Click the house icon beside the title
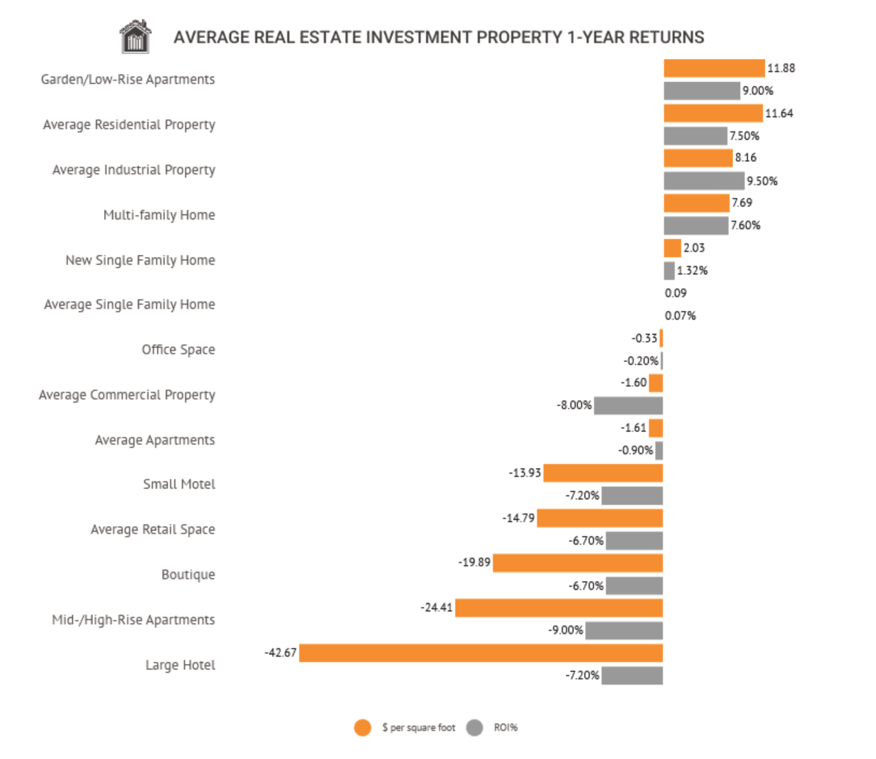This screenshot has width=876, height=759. click(x=135, y=37)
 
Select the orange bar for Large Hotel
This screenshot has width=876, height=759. click(x=481, y=653)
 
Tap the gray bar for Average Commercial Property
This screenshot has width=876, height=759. click(x=628, y=405)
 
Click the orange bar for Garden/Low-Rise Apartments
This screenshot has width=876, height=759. click(x=713, y=68)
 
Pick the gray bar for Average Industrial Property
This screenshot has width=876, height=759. click(x=703, y=181)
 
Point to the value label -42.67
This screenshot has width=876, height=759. click(x=280, y=652)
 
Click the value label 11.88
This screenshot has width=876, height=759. click(x=781, y=68)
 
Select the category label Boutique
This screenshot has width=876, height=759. click(x=188, y=574)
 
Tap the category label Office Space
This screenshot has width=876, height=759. click(x=178, y=349)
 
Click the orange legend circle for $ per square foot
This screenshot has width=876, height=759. click(x=363, y=728)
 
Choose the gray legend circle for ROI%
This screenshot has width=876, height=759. click(x=475, y=728)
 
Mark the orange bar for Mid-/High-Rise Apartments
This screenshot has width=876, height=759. click(x=559, y=608)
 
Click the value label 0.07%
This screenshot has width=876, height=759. click(x=680, y=315)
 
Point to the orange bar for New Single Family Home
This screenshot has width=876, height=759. click(x=672, y=248)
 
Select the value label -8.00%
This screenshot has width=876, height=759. click(x=574, y=405)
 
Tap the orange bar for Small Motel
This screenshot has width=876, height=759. click(x=603, y=473)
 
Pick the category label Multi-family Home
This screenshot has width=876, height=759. click(x=159, y=215)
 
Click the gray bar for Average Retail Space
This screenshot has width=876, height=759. click(x=634, y=540)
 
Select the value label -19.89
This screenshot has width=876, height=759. click(x=474, y=563)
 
